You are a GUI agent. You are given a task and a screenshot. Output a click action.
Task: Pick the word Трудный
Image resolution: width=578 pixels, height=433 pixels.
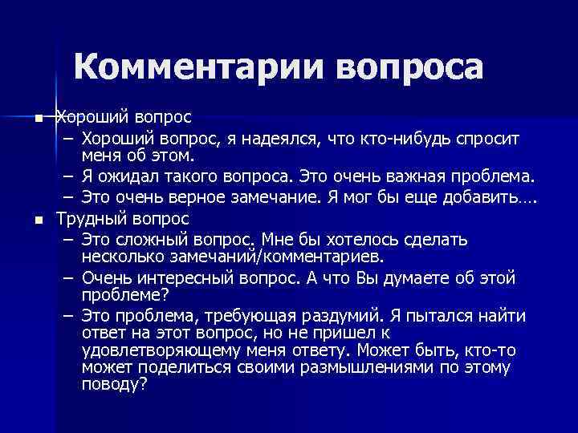coord(89,218)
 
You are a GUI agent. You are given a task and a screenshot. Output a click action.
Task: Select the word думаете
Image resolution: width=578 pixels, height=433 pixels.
coord(421,278)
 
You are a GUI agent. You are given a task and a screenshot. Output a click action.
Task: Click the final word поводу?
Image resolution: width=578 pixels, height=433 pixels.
coord(113,385)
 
